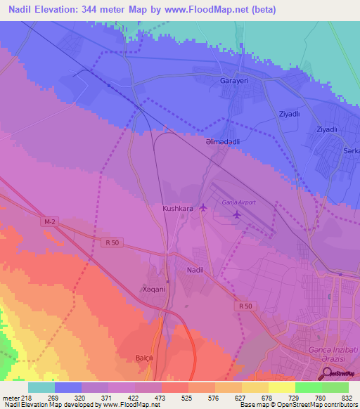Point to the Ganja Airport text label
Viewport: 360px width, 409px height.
239,202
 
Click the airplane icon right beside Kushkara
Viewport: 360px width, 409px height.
203,207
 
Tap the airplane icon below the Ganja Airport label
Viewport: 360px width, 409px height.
237,214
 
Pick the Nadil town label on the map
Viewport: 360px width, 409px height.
195,270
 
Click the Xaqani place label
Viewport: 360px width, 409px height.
155,289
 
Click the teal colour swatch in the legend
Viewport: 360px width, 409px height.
41,387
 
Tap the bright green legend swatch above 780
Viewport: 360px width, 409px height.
309,387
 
